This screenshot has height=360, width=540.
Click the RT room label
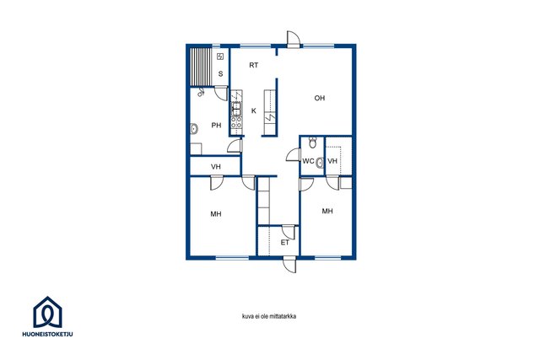[254, 65]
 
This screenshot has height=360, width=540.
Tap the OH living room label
[320, 98]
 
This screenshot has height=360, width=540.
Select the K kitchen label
[254, 110]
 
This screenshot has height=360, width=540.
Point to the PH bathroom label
[216, 126]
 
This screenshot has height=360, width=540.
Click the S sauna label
[221, 73]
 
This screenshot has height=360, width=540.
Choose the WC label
[308, 161]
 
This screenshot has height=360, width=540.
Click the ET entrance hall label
[285, 243]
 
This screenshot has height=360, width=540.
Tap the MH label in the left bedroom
[216, 214]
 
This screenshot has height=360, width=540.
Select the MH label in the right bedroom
[327, 211]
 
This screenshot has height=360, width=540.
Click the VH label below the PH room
[216, 167]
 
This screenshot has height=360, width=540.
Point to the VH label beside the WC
[332, 161]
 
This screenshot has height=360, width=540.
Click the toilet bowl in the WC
[313, 142]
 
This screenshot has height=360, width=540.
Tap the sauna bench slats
[201, 67]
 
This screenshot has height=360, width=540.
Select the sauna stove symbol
[220, 56]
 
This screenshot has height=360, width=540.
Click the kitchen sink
[236, 109]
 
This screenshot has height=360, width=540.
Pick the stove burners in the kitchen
[236, 121]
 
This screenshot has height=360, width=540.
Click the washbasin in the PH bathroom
[194, 129]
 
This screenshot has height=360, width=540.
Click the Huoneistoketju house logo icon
[47, 312]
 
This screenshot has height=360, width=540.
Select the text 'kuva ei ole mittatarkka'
[269, 316]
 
